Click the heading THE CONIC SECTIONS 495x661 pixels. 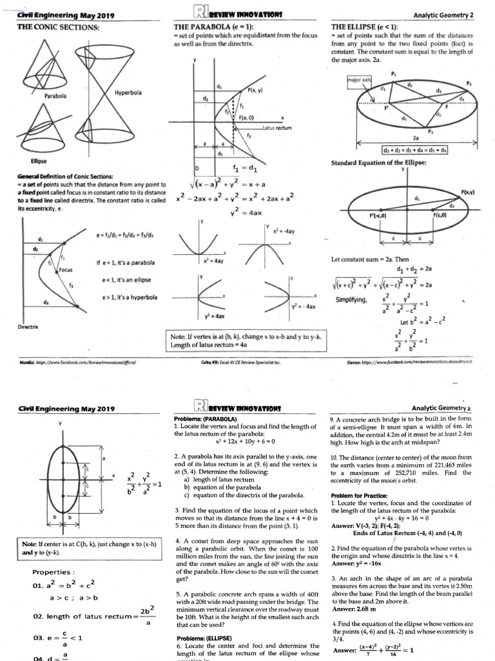(57, 27)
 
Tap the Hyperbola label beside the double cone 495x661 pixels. (128, 92)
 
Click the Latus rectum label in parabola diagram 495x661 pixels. (277, 128)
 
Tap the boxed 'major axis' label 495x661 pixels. (359, 79)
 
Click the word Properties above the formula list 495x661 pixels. (51, 572)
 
